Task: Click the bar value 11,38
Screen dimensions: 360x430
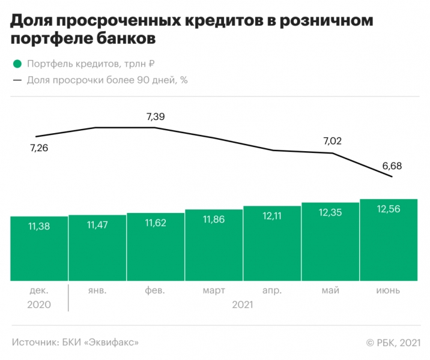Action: coord(39,226)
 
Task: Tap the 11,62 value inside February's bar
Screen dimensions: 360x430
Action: coord(156,223)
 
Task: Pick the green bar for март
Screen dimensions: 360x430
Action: coord(214,246)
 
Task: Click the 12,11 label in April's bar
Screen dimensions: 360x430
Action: coord(272,215)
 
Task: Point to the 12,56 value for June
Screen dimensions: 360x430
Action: coord(389,208)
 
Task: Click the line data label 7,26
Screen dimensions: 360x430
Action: coord(38,148)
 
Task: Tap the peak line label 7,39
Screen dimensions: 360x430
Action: coord(156,116)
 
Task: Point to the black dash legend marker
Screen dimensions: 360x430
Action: coord(17,80)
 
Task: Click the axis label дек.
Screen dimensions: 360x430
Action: coord(39,290)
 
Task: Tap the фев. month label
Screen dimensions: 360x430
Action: coord(156,290)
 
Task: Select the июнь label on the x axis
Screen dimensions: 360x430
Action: coord(389,290)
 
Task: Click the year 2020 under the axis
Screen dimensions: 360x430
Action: coord(39,305)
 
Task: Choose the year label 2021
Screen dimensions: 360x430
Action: coord(242,305)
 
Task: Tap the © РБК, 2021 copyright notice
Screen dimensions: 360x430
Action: coord(391,342)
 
